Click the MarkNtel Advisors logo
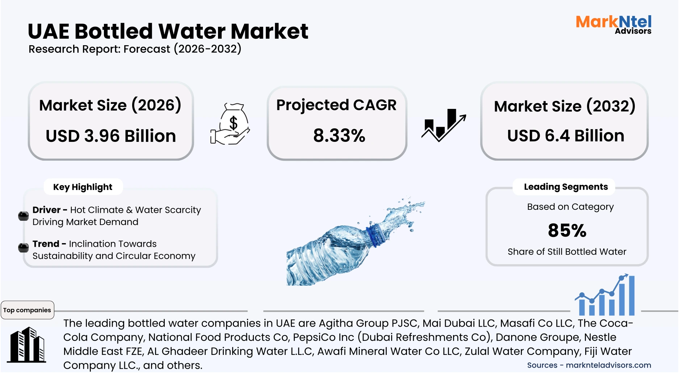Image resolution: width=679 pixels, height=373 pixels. (613, 25)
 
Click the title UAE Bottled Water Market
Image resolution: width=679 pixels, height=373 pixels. (168, 31)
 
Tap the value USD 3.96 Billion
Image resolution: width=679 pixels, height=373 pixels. (111, 136)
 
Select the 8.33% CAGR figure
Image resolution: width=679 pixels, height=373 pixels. (339, 136)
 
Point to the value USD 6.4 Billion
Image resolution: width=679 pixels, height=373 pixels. (566, 136)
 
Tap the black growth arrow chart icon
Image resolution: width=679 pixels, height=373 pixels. (443, 125)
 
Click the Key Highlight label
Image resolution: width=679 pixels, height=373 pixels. (83, 187)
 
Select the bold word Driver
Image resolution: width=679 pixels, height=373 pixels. (46, 210)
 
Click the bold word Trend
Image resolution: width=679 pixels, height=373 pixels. (46, 244)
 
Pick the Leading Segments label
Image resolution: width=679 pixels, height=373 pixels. (566, 187)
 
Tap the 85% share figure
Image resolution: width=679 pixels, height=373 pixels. (567, 230)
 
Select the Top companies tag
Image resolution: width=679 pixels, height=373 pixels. (27, 310)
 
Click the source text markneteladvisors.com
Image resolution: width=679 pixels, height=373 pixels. (608, 365)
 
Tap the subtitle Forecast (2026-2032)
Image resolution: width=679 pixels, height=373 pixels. (182, 49)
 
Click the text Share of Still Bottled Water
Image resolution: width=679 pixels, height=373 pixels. (567, 251)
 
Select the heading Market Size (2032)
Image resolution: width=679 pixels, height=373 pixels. (565, 106)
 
